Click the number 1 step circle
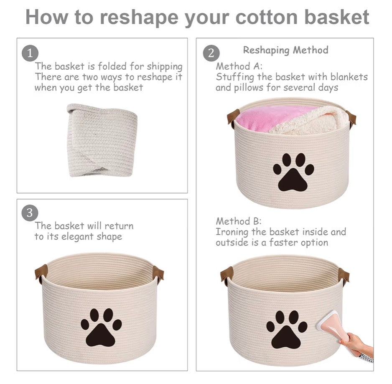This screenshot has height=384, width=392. tap(30, 53)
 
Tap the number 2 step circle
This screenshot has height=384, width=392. tap(211, 53)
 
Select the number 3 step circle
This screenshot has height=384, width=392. tap(30, 213)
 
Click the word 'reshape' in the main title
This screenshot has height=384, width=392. tap(139, 18)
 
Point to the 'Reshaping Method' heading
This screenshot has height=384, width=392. tap(285, 50)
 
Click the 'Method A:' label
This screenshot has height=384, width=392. tap(239, 66)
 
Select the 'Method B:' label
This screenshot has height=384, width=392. tap(239, 221)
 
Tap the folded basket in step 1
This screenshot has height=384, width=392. tap(102, 140)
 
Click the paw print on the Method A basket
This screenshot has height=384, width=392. tap(293, 172)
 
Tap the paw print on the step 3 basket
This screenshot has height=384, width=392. tap(101, 328)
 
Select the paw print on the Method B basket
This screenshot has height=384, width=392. tap(287, 330)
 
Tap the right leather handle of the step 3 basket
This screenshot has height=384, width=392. tap(158, 274)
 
